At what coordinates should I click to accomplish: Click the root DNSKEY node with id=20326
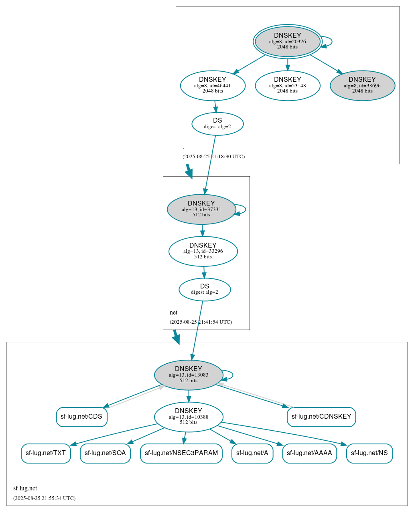287,41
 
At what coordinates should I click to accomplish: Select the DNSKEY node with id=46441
213,85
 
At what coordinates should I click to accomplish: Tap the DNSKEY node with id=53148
287,85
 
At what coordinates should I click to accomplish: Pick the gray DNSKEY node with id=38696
362,85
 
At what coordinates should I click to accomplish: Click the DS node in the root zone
217,123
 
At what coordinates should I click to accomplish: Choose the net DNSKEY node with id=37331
201,209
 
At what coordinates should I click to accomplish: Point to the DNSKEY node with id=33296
203,251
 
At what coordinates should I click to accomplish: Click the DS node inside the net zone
205,289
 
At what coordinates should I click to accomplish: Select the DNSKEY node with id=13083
189,375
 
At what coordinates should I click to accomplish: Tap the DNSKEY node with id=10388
189,417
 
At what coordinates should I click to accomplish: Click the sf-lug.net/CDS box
81,417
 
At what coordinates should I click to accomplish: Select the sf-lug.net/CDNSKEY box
321,417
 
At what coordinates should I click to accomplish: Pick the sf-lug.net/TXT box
46,453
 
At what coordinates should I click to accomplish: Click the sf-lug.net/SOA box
105,453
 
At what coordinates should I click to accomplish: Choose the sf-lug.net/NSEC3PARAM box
181,453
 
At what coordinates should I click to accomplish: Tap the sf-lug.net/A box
252,453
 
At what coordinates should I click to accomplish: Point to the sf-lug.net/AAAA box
309,453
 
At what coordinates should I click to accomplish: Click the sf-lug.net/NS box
369,453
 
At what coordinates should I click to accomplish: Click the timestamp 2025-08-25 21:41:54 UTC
201,322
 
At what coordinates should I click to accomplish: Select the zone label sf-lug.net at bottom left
25,488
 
